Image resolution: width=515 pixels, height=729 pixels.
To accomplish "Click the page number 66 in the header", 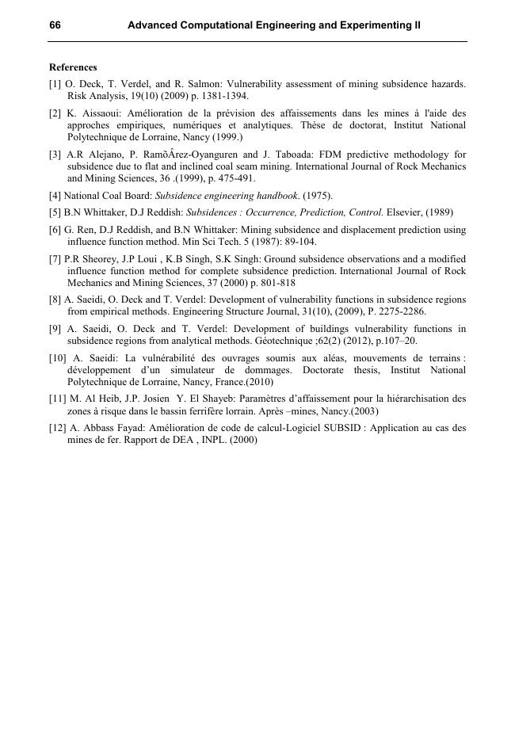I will click(55, 25).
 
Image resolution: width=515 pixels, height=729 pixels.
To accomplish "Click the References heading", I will click(73, 67).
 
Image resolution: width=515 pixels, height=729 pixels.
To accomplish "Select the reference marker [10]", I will click(60, 358).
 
